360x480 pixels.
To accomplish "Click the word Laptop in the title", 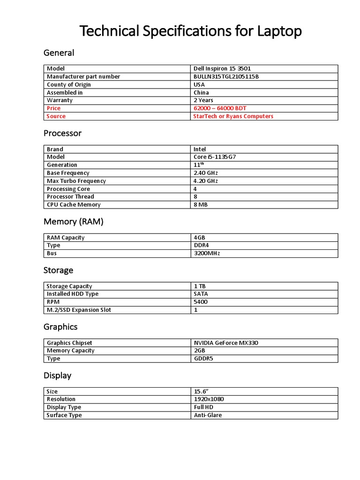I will [x=279, y=31].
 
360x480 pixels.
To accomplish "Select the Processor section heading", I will [x=62, y=133].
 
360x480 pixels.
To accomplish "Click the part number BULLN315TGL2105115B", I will [x=226, y=76].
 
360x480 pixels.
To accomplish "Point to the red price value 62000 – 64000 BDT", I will [x=220, y=108].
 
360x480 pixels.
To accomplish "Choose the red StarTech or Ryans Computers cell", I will [x=233, y=116].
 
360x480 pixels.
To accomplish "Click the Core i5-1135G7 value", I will [x=215, y=157].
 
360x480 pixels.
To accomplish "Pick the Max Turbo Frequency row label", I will [x=76, y=181].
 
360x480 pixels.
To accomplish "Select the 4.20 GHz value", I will [x=206, y=181].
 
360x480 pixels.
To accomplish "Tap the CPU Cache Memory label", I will [x=74, y=205].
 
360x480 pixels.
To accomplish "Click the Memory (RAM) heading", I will [x=73, y=221].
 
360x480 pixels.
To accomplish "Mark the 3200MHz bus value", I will [x=207, y=254].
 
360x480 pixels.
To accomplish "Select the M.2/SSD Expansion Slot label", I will [x=79, y=310].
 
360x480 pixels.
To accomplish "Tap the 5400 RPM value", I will [x=201, y=302].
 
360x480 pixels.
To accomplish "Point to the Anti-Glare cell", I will [x=208, y=415].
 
